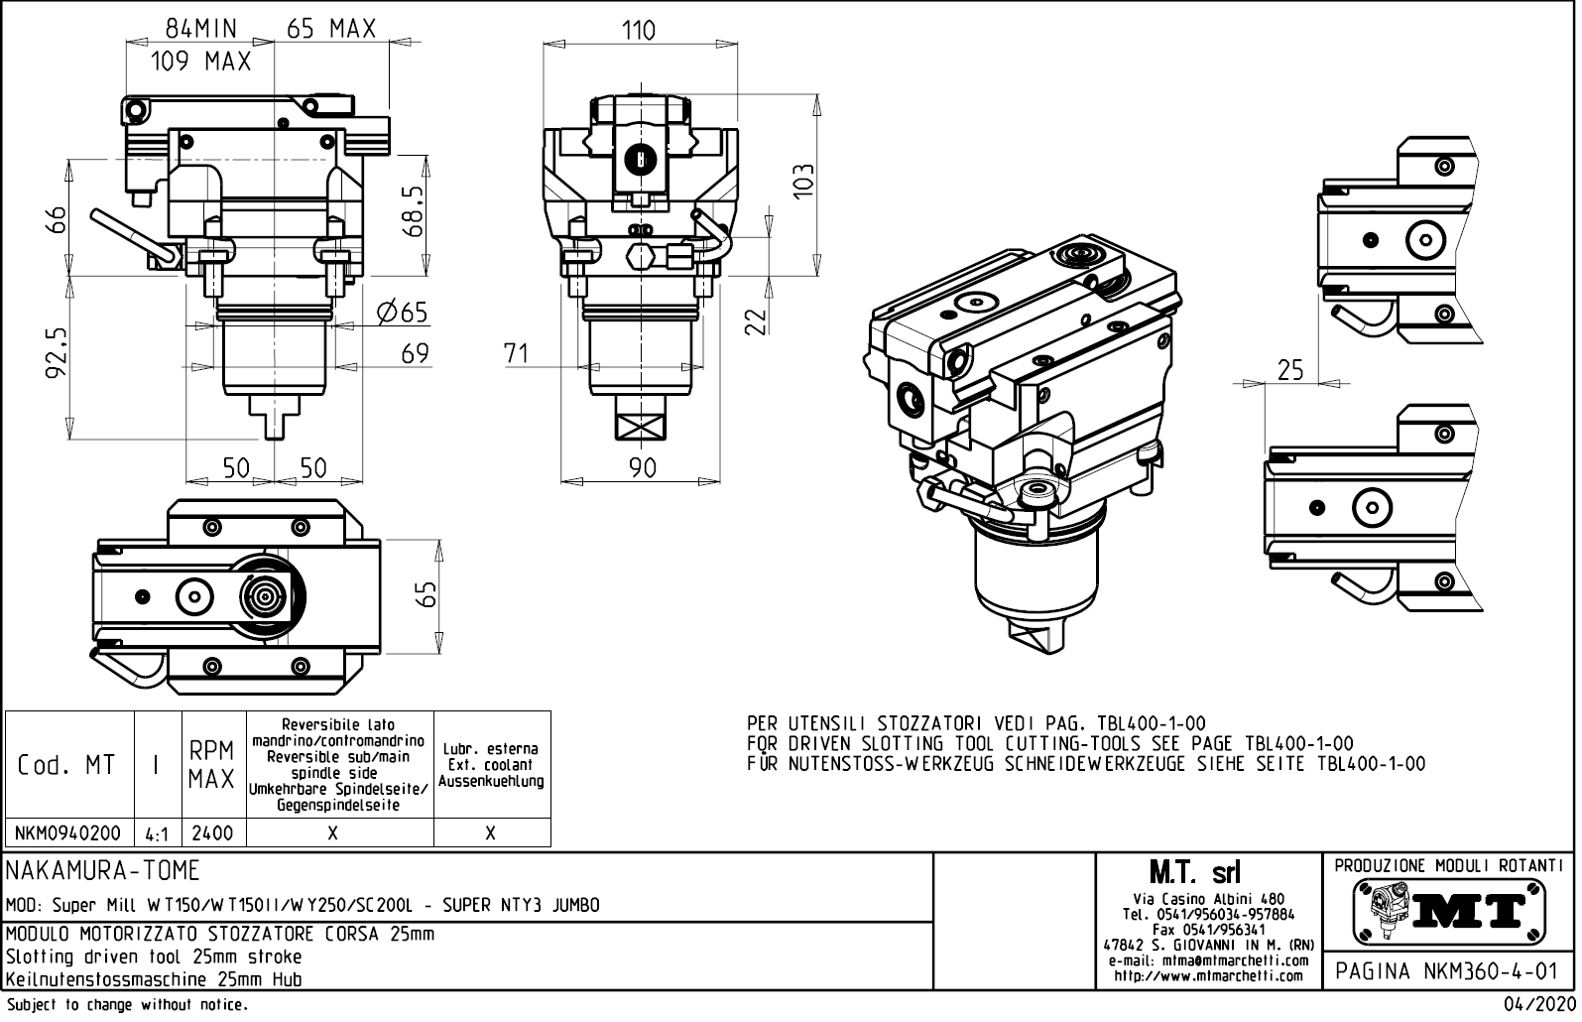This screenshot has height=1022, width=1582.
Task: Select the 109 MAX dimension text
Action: (201, 62)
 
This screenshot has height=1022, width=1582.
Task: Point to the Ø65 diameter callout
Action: (403, 314)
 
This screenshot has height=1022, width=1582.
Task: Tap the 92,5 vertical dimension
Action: (57, 354)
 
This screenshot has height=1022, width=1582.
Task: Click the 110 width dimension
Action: (639, 31)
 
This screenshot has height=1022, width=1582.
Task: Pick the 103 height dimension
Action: (803, 182)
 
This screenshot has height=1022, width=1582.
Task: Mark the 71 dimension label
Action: (516, 354)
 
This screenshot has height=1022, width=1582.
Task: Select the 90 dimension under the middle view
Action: (644, 468)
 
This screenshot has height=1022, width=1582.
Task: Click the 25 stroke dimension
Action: (1290, 370)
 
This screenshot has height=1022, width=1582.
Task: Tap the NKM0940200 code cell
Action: (68, 833)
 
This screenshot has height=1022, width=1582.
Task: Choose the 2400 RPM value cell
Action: (212, 833)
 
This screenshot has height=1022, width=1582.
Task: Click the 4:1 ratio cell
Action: (156, 834)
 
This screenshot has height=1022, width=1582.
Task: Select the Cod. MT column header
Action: (66, 765)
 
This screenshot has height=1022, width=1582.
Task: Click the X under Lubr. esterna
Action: (491, 833)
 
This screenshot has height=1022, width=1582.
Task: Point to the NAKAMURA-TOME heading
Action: (104, 871)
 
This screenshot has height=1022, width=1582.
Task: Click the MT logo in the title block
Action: (1449, 911)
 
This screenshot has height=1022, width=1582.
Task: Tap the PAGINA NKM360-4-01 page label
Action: (1448, 971)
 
